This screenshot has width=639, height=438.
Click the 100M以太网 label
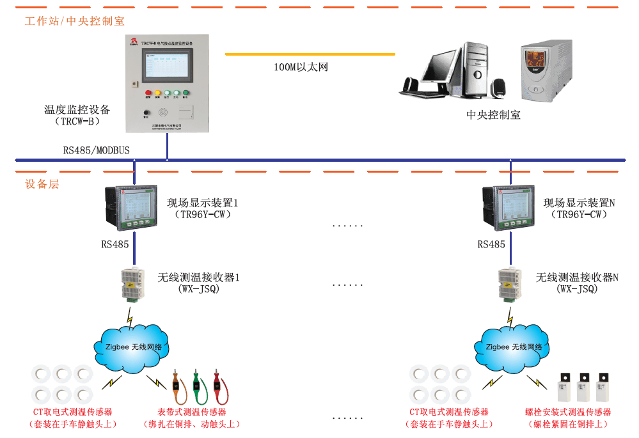pos(301,67)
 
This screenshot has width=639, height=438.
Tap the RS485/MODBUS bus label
pos(96,150)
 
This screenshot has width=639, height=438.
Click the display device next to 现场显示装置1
pos(134,208)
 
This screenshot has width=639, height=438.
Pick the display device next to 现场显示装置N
pos(510,208)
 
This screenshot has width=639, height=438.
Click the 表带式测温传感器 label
pos(191,412)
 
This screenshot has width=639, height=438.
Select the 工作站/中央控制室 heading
pos(74,21)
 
